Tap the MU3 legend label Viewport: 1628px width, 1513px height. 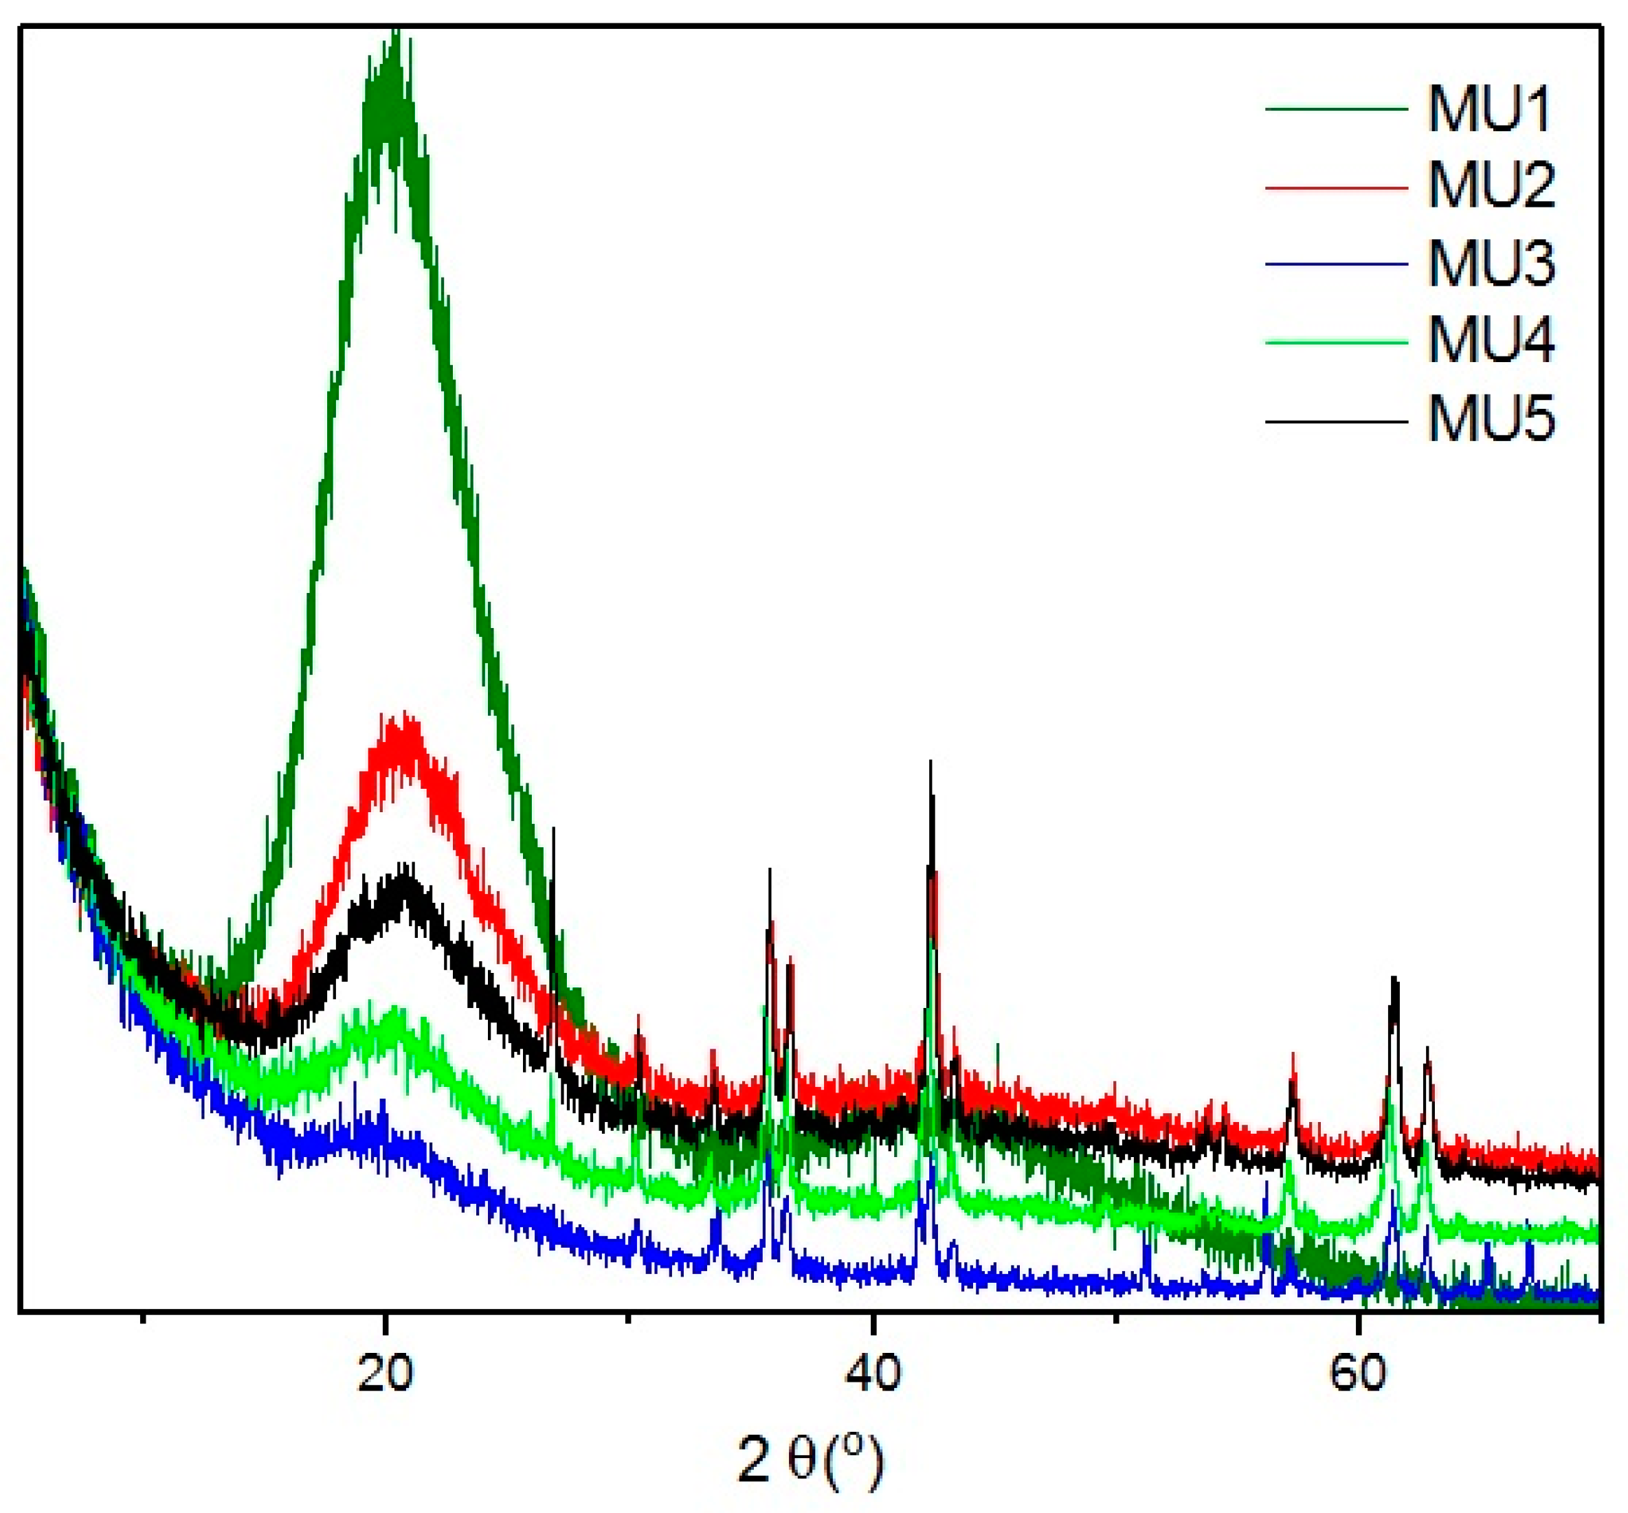(x=1491, y=265)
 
